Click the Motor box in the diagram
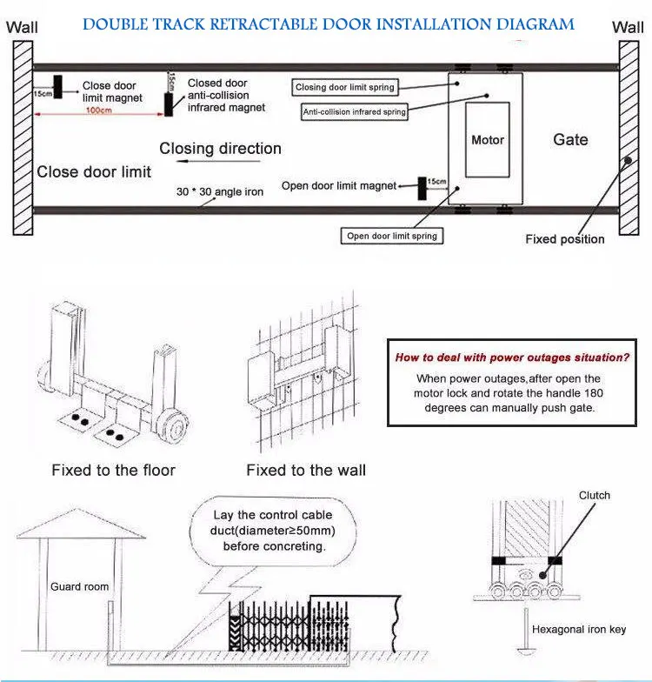click(487, 139)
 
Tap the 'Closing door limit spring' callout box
click(345, 87)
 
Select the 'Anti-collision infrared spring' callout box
click(354, 112)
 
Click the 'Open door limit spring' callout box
click(392, 236)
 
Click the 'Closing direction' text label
click(220, 149)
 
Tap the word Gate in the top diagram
click(570, 139)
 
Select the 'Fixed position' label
click(564, 239)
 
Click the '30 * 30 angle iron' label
click(218, 191)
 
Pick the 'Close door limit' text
click(94, 171)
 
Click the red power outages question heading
click(513, 357)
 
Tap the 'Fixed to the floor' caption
click(113, 470)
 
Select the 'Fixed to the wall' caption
click(306, 470)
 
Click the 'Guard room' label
click(80, 586)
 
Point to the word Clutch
click(595, 496)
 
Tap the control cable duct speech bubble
click(274, 531)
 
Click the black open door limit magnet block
click(422, 186)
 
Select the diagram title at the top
click(328, 23)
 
